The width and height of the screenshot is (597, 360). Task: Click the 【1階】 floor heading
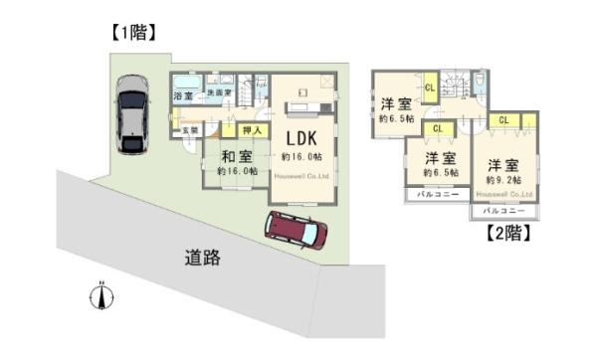click(131, 32)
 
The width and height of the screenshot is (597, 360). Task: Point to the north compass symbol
click(100, 295)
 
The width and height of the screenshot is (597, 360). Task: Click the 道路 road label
click(202, 258)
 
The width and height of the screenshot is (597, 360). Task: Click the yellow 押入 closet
click(251, 130)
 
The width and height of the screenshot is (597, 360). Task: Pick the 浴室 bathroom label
click(183, 96)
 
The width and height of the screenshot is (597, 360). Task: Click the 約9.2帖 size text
click(503, 180)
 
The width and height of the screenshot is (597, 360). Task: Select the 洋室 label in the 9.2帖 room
click(503, 164)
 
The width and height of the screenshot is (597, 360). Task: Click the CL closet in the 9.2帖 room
click(503, 120)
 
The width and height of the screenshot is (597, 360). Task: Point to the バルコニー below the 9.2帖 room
click(503, 212)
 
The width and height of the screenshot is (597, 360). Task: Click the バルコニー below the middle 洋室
click(434, 194)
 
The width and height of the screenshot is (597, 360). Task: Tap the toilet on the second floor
click(481, 81)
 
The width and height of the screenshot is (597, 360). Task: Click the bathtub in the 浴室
click(185, 83)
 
